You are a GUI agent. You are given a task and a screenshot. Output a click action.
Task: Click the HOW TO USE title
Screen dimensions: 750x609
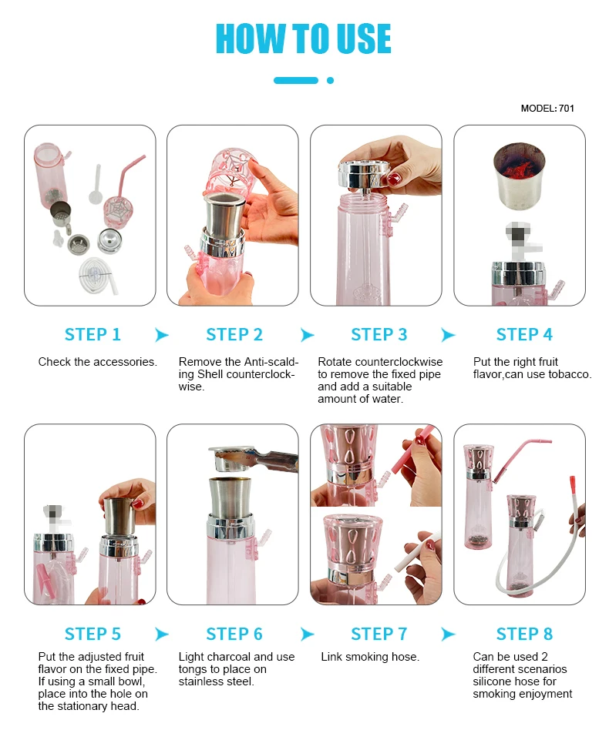(x=304, y=39)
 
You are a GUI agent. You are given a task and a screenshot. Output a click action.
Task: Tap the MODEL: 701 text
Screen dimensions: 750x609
(x=547, y=109)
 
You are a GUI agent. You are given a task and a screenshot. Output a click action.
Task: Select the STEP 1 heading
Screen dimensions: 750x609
(x=93, y=334)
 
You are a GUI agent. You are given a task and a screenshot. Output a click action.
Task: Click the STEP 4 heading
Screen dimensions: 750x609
(x=524, y=334)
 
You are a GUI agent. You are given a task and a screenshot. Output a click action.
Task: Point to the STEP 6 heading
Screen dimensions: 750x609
(x=234, y=634)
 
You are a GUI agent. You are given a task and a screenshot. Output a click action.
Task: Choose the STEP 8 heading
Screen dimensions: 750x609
(x=524, y=634)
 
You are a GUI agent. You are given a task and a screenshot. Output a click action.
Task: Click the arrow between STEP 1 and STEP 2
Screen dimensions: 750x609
(x=162, y=335)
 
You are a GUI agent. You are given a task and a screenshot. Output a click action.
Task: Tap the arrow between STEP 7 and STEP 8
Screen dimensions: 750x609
(x=448, y=634)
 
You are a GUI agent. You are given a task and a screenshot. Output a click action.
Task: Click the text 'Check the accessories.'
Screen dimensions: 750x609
(x=97, y=362)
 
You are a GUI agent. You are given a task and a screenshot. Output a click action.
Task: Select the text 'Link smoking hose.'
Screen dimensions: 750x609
(x=370, y=657)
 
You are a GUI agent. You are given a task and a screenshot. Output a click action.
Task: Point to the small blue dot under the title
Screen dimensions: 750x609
(x=331, y=80)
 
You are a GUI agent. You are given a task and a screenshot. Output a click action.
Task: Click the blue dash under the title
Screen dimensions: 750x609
(x=296, y=80)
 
